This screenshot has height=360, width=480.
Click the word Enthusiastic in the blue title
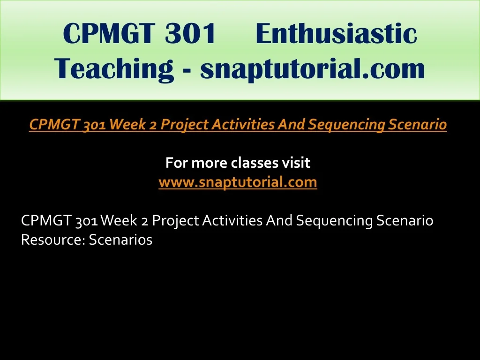pos(336,33)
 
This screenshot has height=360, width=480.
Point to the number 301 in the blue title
pos(190,33)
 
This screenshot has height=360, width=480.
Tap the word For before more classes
pos(177,163)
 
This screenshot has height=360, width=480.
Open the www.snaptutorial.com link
pos(238,182)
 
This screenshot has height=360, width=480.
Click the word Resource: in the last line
pos(53,240)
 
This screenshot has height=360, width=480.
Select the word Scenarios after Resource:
pos(120,240)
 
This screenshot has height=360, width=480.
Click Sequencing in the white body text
pos(334,221)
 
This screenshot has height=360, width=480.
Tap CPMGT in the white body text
pos(46,220)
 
